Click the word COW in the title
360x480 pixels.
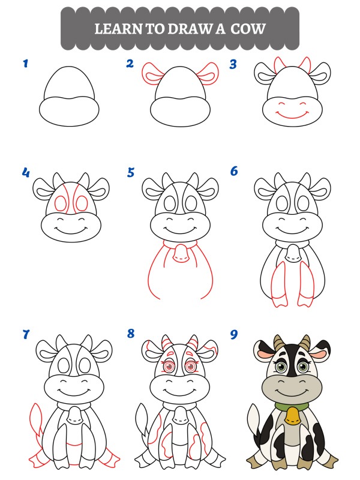(x=248, y=29)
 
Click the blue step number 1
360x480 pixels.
(x=26, y=64)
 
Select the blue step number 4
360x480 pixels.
(x=26, y=172)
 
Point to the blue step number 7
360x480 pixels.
(x=26, y=334)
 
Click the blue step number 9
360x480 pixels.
(x=234, y=334)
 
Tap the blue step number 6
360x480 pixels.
(x=234, y=171)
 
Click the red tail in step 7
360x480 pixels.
(x=35, y=419)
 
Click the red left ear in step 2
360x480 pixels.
(x=152, y=74)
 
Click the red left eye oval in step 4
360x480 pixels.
(x=60, y=203)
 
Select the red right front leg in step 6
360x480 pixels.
(x=306, y=284)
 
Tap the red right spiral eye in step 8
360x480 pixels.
(x=191, y=366)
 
